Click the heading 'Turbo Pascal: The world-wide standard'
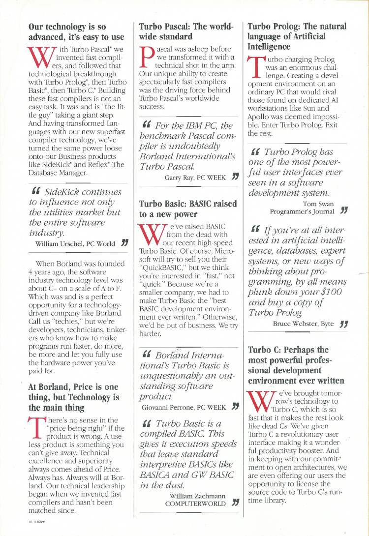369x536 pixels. point(186,31)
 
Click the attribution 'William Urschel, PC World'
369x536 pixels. point(75,243)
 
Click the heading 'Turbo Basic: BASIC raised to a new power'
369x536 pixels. point(188,208)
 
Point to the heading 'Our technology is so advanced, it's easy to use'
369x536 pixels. point(76,31)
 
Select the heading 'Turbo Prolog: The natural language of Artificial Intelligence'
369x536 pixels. point(297,36)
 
